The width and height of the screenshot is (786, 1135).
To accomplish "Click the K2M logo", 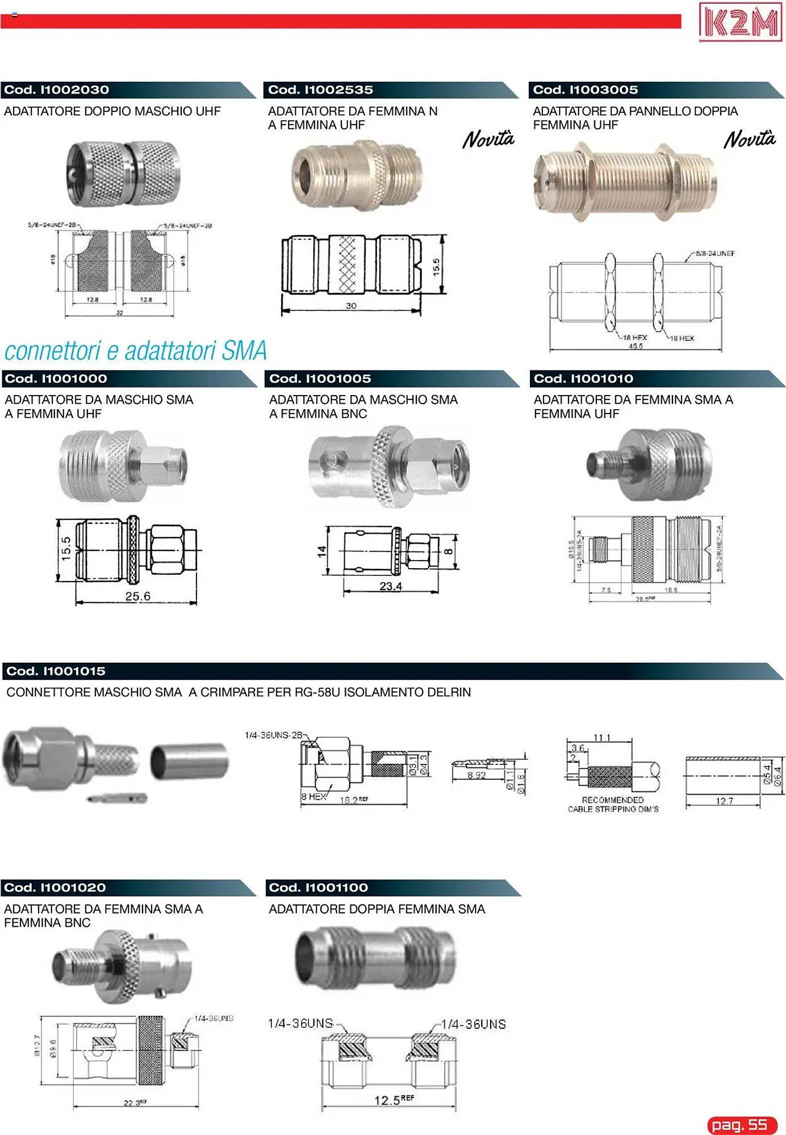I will tap(740, 23).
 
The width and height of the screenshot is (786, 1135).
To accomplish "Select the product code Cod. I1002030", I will tap(57, 90).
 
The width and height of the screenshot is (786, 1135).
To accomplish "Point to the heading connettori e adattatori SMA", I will tap(136, 351).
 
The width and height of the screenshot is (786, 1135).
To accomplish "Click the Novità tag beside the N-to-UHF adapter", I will tap(488, 139).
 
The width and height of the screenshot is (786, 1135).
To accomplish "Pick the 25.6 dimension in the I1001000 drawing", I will tap(138, 596).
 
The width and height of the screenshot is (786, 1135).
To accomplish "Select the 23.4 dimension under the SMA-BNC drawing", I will tap(391, 586).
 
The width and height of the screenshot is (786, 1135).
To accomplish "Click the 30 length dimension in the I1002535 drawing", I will tap(351, 306).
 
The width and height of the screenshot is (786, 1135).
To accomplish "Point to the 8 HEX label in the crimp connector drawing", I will tap(313, 797).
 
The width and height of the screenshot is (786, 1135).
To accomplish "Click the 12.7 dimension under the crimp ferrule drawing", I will tap(724, 801).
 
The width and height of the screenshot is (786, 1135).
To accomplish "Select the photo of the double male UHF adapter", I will tap(123, 174).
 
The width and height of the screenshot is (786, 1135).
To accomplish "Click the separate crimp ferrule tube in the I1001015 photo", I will tap(189, 761).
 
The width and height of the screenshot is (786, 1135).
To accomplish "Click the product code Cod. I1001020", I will tap(55, 888).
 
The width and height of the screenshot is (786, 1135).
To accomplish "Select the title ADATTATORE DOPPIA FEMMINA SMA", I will tap(377, 909).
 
